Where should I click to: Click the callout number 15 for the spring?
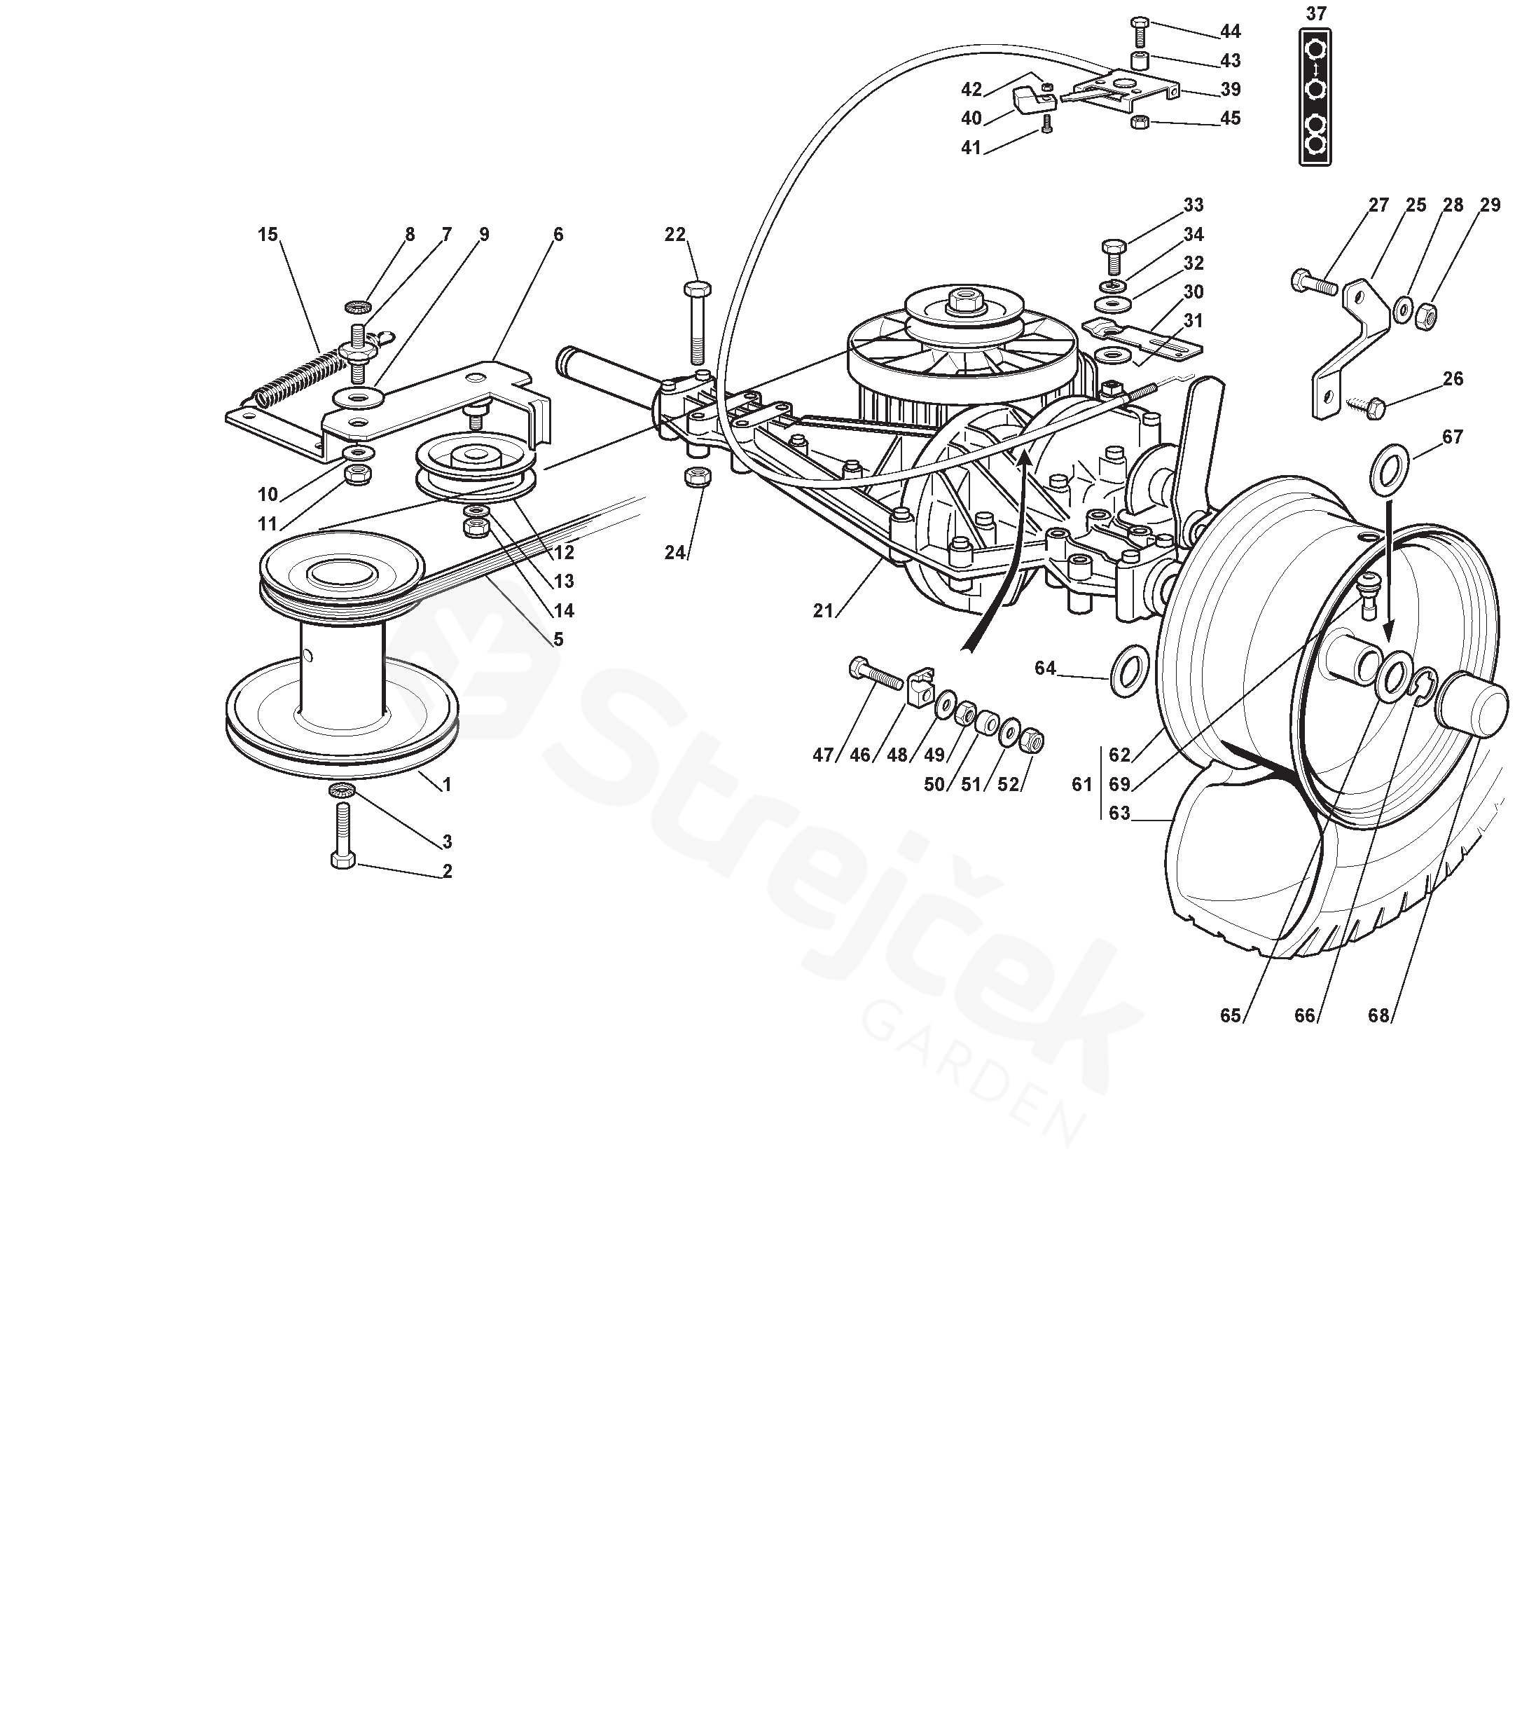point(268,235)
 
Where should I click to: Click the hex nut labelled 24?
point(696,477)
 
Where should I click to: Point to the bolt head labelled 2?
point(343,859)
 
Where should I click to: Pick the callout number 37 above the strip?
point(1316,13)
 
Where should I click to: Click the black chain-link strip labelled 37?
point(1315,97)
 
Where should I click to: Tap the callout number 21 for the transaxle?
point(823,610)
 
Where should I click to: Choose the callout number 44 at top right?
point(1229,32)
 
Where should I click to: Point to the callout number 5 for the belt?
point(558,639)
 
